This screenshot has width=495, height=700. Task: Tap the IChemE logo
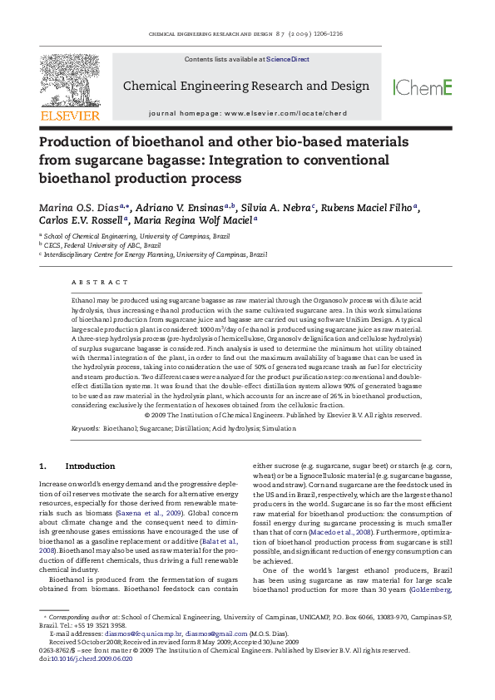(423, 87)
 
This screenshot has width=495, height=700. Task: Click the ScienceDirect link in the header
(288, 60)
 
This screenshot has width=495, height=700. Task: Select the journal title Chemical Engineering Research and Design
(246, 86)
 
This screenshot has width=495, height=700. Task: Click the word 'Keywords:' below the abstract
(85, 428)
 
